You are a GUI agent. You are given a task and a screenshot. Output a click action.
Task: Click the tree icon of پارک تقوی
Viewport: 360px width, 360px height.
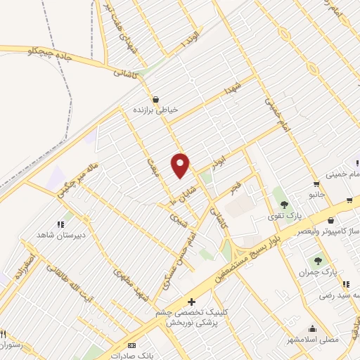(x=284, y=203)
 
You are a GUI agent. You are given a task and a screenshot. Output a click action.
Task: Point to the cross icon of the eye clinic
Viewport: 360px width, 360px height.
(x=191, y=302)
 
